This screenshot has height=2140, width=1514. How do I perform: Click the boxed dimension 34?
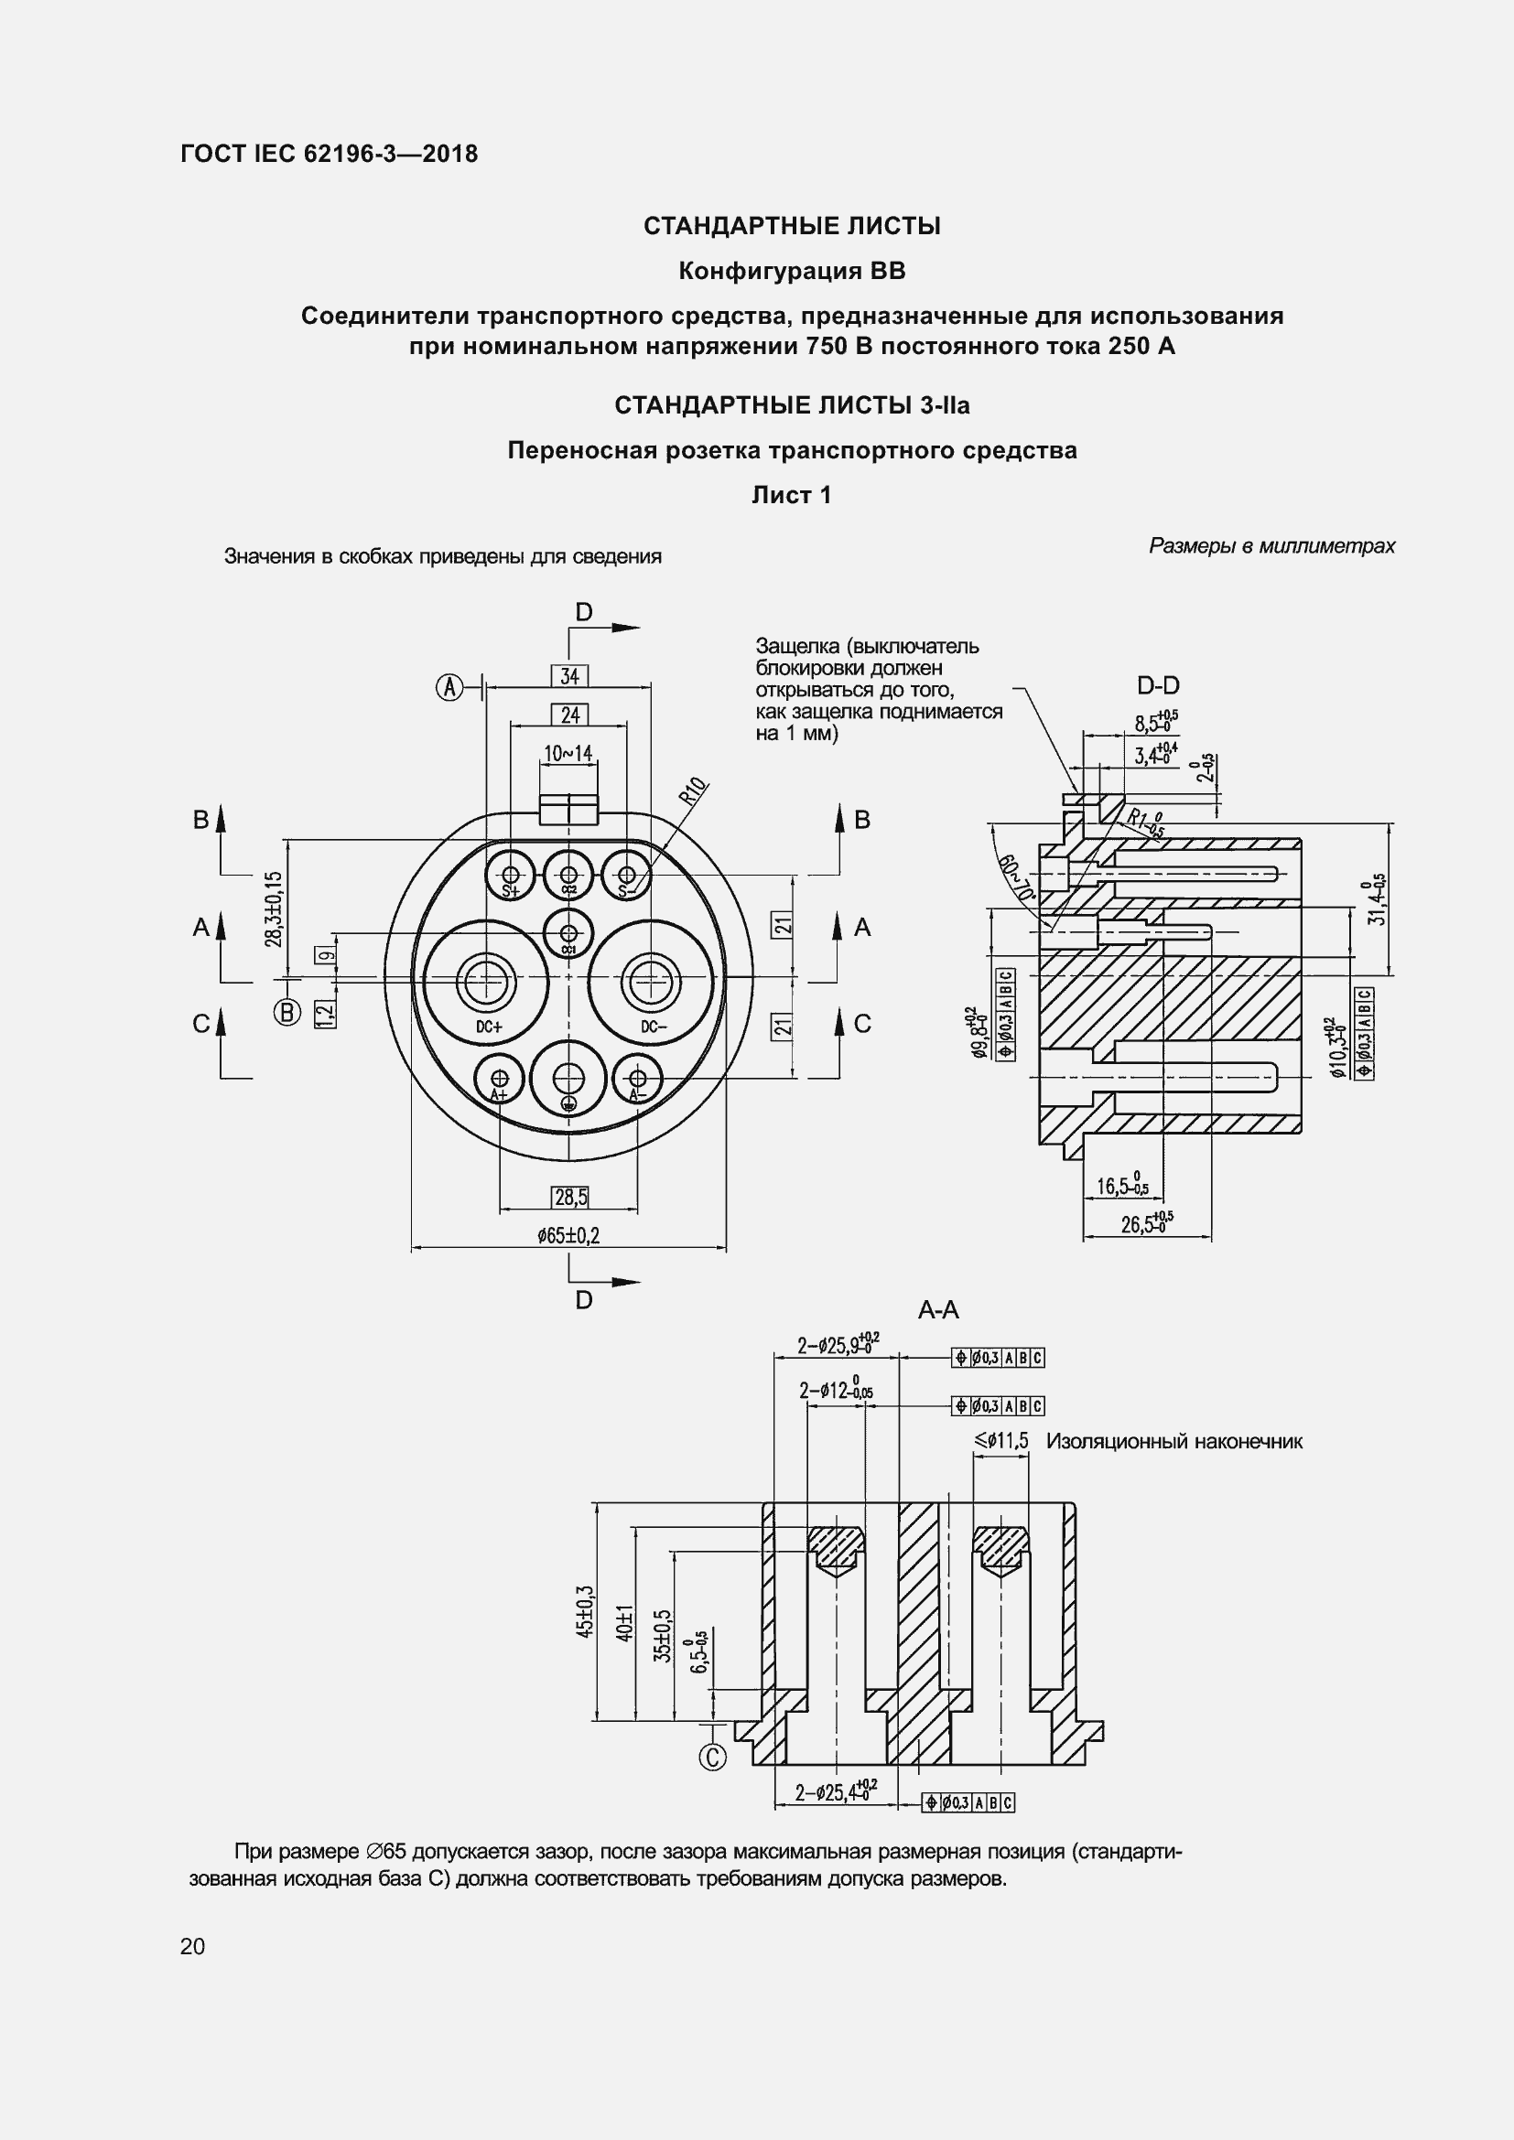tap(568, 676)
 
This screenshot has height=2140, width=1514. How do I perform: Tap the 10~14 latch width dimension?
tap(568, 753)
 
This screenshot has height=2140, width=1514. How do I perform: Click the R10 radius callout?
tap(692, 791)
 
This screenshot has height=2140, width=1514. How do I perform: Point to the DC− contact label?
tap(654, 1027)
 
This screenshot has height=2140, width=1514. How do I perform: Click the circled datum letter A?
tap(450, 688)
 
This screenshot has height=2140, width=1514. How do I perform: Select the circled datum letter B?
tap(287, 1012)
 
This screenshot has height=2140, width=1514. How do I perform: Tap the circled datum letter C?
tap(712, 1757)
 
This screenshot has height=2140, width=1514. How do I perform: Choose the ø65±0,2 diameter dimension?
tap(568, 1236)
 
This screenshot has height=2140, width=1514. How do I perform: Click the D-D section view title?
tap(1158, 686)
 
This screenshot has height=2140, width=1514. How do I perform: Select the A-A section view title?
tap(938, 1310)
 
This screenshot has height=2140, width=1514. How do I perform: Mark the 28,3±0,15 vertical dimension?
tap(272, 909)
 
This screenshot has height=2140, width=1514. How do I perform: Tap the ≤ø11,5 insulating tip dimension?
tap(1001, 1442)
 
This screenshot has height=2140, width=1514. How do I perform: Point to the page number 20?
tap(193, 1946)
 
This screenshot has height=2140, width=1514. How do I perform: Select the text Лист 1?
tap(792, 496)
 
